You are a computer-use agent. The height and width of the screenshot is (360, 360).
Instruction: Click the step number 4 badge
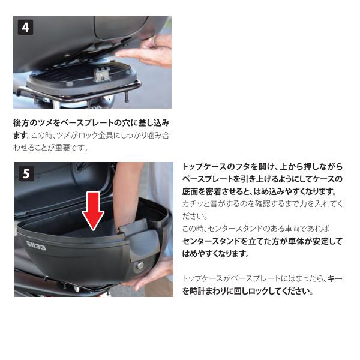pyautogui.click(x=25, y=28)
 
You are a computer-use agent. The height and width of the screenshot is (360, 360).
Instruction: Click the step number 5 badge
pyautogui.click(x=26, y=173)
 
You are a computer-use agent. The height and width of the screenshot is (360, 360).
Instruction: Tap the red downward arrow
pyautogui.click(x=93, y=211)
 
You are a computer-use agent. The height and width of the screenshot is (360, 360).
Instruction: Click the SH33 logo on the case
pyautogui.click(x=36, y=245)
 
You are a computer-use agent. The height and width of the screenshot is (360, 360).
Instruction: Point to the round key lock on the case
pyautogui.click(x=139, y=265)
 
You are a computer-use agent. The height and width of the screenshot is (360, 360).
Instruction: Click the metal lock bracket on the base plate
pyautogui.click(x=102, y=74)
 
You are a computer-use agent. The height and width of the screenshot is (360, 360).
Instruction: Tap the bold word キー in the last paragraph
pyautogui.click(x=335, y=279)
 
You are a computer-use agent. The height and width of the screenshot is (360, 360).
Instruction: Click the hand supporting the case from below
pyautogui.click(x=152, y=275)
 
